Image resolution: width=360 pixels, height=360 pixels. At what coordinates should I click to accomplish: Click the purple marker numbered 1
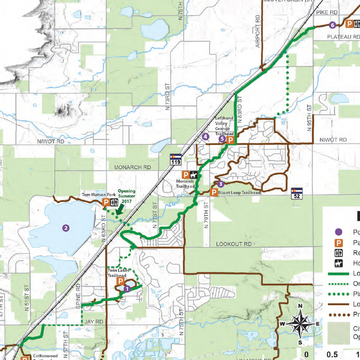(127, 288)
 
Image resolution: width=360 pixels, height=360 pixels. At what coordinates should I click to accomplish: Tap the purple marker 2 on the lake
(66, 228)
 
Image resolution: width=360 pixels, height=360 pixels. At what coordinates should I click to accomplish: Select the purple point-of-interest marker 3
(220, 184)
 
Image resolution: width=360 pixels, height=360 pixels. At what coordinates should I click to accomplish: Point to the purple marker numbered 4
(206, 136)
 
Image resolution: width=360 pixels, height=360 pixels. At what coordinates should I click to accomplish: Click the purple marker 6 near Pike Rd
(332, 25)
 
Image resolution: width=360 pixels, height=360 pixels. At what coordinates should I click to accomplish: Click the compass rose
(300, 324)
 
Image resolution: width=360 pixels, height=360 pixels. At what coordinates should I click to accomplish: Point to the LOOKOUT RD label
(234, 245)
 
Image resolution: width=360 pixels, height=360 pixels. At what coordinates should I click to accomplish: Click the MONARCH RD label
(133, 168)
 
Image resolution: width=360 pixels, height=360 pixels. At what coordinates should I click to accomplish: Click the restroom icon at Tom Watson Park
(114, 202)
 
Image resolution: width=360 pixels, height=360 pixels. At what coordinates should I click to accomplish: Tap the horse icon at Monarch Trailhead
(194, 175)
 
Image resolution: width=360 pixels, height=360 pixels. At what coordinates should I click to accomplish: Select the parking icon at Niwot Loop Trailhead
(214, 193)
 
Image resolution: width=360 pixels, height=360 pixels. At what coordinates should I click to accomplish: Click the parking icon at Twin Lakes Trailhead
(120, 282)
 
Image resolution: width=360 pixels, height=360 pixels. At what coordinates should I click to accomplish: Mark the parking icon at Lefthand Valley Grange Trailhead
(230, 140)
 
